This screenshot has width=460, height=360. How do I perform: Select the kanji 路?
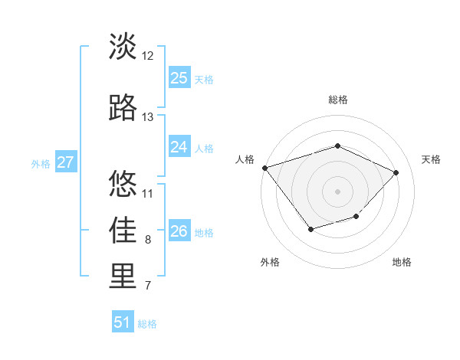pyautogui.click(x=123, y=108)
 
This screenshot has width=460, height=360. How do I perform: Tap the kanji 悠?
pyautogui.click(x=123, y=184)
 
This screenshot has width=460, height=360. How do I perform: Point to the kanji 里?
pyautogui.click(x=123, y=277)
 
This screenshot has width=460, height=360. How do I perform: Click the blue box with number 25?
pyautogui.click(x=179, y=78)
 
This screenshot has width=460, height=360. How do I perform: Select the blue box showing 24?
pyautogui.click(x=179, y=147)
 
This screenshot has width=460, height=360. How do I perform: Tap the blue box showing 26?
pyautogui.click(x=179, y=231)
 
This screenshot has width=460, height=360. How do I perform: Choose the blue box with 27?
pyautogui.click(x=65, y=162)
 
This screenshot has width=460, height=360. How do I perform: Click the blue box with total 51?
pyautogui.click(x=123, y=322)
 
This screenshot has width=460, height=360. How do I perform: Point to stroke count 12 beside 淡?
pyautogui.click(x=148, y=56)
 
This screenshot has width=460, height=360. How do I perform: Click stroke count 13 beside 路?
pyautogui.click(x=148, y=117)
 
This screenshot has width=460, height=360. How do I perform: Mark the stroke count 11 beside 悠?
pyautogui.click(x=148, y=193)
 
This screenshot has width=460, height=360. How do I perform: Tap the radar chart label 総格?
pyautogui.click(x=337, y=100)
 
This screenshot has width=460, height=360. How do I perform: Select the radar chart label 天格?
pyautogui.click(x=432, y=159)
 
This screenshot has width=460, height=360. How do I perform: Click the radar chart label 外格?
pyautogui.click(x=270, y=262)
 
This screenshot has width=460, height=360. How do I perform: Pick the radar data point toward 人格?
pyautogui.click(x=264, y=167)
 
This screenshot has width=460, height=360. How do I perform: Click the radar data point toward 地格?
pyautogui.click(x=356, y=217)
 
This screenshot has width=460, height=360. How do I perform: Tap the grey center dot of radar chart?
pyautogui.click(x=337, y=191)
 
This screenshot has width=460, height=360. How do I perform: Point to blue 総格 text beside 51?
pyautogui.click(x=147, y=324)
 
